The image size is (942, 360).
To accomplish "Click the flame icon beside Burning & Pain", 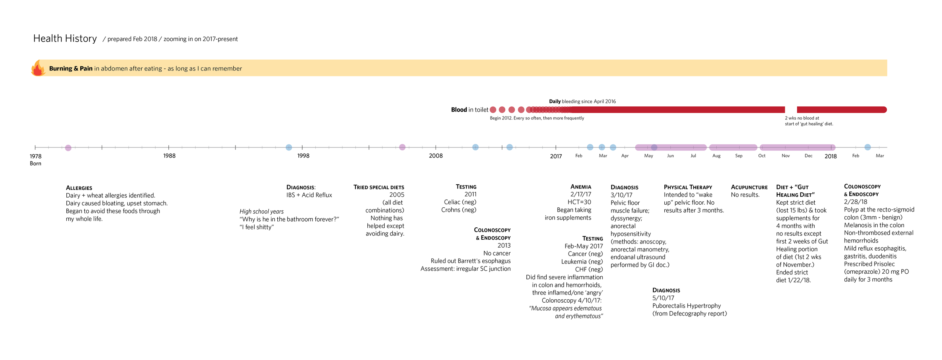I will (38, 68).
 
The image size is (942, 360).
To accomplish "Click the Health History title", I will (65, 38).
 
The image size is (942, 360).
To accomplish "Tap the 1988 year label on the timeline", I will (169, 156).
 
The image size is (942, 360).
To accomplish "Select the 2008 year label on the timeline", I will (436, 156).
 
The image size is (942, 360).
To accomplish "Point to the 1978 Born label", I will (35, 159).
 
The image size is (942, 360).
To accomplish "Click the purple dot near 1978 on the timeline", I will (68, 148).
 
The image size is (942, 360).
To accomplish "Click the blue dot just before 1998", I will (289, 147).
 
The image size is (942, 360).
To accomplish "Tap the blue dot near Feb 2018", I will (867, 147).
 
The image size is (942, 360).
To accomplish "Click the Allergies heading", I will (79, 188).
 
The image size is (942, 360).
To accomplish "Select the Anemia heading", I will (581, 187).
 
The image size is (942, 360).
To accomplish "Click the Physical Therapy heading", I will (688, 187).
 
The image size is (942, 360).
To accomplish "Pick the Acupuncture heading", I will (749, 187).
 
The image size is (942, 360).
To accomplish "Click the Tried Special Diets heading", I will (379, 187).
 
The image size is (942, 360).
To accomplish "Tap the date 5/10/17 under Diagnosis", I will (663, 298).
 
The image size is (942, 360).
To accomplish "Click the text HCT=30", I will (579, 202).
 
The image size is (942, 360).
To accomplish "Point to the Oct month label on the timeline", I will (762, 156).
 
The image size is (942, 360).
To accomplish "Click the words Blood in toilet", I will (469, 110).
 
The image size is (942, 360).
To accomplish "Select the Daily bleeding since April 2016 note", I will (582, 101).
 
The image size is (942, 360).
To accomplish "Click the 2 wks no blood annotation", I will (809, 121).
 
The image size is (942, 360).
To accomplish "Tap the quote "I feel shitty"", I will (257, 227).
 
